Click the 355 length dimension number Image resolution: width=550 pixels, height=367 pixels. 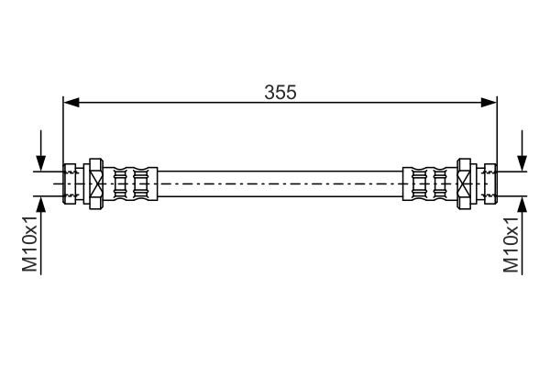coord(280,93)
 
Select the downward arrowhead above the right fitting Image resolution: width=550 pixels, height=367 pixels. coord(522,162)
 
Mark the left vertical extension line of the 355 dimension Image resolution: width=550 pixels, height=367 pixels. coord(62,128)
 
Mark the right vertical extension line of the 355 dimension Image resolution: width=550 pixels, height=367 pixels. coord(496,128)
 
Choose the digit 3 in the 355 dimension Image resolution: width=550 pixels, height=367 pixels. coord(269,93)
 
